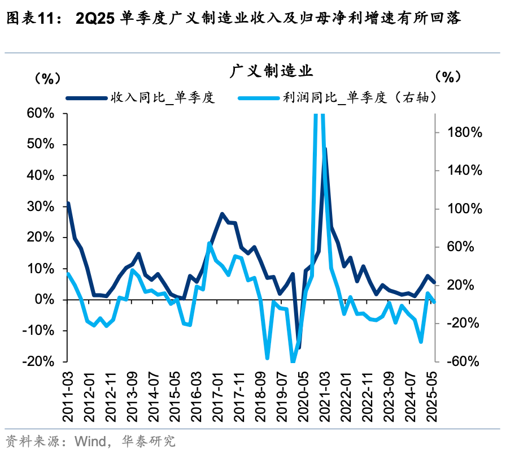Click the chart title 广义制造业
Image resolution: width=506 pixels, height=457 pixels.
271,72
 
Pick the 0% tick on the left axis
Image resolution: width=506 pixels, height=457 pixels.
44,300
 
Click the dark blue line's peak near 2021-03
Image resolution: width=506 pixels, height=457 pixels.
325,149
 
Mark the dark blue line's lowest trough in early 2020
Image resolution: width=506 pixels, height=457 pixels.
299,347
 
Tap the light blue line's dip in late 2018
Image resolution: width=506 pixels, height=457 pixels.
267,358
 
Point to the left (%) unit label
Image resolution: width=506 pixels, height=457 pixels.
47,77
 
